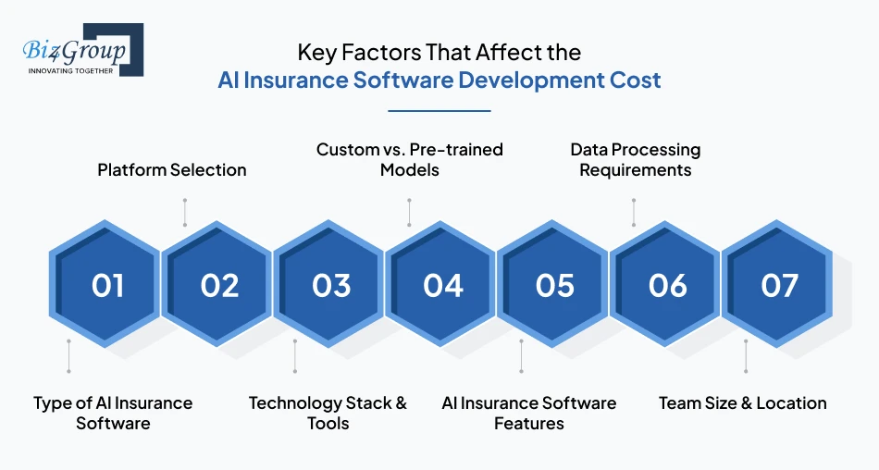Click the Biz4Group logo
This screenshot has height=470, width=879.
coord(83,50)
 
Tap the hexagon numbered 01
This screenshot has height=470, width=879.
coord(105,284)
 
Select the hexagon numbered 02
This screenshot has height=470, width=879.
coord(217,284)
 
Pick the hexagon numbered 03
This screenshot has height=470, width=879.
coord(329,284)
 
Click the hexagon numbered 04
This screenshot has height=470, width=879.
coord(441,284)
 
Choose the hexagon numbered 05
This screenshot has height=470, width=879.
coord(553,284)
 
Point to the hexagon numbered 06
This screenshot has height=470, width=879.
coord(665,284)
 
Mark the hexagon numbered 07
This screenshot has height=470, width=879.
coord(777,284)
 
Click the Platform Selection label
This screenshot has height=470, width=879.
coord(172,170)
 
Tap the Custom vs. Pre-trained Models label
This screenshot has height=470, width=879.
coord(410,160)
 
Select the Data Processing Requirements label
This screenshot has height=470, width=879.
coord(635,160)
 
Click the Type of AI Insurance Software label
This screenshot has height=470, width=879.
coord(113,413)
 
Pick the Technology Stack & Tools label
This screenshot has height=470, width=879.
coord(328,413)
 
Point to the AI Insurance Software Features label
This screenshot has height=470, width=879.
coord(529,413)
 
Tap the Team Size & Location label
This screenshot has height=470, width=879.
coord(743,403)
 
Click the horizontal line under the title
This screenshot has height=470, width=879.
coord(439,111)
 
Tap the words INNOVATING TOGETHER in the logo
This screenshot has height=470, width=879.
coord(70,71)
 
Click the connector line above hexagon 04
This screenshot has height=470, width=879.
coord(409,213)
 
